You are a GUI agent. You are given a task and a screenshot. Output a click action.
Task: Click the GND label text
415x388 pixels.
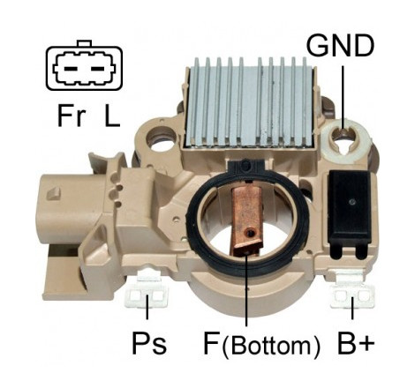(340, 46)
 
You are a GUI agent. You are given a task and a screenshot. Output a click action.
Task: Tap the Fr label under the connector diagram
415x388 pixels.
(72, 116)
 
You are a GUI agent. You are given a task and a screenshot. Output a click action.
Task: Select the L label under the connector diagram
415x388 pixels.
(112, 116)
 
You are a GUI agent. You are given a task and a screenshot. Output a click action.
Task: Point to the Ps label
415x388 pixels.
(149, 343)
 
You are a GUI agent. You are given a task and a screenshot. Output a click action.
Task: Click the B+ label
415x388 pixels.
(356, 343)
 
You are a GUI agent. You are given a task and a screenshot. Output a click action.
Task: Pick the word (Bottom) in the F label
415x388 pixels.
(271, 346)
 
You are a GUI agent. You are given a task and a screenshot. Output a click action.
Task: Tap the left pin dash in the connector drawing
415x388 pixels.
(71, 69)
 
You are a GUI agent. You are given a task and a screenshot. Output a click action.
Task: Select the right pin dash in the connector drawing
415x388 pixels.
(97, 69)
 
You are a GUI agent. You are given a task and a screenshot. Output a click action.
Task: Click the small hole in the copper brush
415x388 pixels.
(251, 233)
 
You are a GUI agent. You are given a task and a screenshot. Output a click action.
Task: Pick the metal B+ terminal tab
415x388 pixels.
(352, 290)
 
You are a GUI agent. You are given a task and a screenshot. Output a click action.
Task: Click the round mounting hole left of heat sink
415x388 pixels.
(161, 140)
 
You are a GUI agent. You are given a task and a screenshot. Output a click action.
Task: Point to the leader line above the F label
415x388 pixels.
(246, 288)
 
